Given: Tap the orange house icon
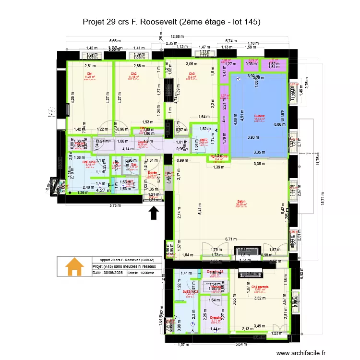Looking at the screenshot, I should click(74, 267).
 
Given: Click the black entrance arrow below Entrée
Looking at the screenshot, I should click(154, 212).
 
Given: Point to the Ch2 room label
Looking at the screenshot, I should click(133, 73).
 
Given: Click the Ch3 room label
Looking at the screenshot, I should click(192, 73).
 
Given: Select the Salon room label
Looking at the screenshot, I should click(241, 202).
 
